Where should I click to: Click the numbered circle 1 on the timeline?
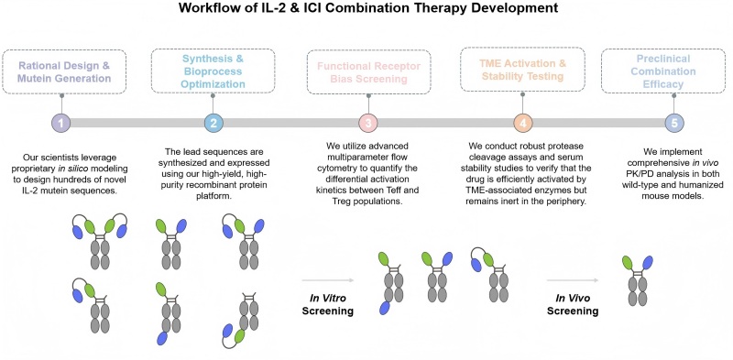coord(60,123)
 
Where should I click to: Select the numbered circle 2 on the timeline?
coord(212,123)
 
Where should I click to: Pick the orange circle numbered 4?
coord(522,123)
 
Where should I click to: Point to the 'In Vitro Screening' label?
coord(331,301)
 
